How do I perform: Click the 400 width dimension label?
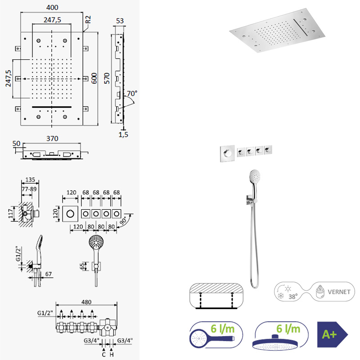pyautogui.click(x=52, y=7)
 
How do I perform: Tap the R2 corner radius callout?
pyautogui.click(x=88, y=19)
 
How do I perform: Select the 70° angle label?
pyautogui.click(x=132, y=94)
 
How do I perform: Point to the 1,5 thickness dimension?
pyautogui.click(x=123, y=135)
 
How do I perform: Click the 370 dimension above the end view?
pyautogui.click(x=52, y=139)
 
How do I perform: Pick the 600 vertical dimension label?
pyautogui.click(x=94, y=78)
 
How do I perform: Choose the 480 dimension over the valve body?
pyautogui.click(x=86, y=302)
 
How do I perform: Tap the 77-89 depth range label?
pyautogui.click(x=29, y=189)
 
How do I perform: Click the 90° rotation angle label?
pyautogui.click(x=123, y=221)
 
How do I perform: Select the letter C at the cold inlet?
pyautogui.click(x=104, y=355)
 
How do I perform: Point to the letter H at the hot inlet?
pyautogui.click(x=112, y=355)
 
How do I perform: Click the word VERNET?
pyautogui.click(x=339, y=292)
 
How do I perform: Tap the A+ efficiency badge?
pyautogui.click(x=333, y=334)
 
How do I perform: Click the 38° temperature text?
pyautogui.click(x=293, y=297)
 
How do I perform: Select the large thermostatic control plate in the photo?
pyautogui.click(x=227, y=153)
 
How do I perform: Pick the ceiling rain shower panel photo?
pyautogui.click(x=277, y=31)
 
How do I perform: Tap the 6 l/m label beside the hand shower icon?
pyautogui.click(x=222, y=328)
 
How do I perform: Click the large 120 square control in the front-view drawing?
pyautogui.click(x=70, y=214)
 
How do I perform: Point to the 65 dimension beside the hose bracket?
pyautogui.click(x=82, y=266)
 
